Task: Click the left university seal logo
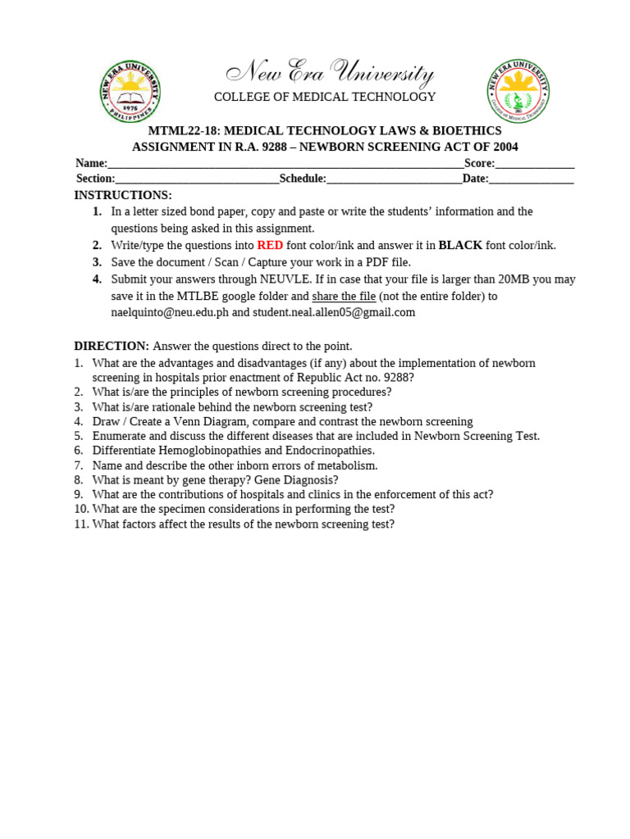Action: (x=130, y=91)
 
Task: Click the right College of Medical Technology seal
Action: (x=518, y=91)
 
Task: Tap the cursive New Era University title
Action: (x=330, y=74)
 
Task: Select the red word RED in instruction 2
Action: (x=270, y=245)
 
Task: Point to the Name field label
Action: (x=91, y=163)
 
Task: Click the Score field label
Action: (x=479, y=163)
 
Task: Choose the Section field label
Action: (x=95, y=179)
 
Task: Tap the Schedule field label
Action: (x=303, y=179)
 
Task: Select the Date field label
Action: (x=475, y=179)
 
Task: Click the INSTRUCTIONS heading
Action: (x=123, y=195)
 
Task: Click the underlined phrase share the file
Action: (x=344, y=296)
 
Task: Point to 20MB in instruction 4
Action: (x=517, y=279)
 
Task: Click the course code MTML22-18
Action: (x=183, y=131)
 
